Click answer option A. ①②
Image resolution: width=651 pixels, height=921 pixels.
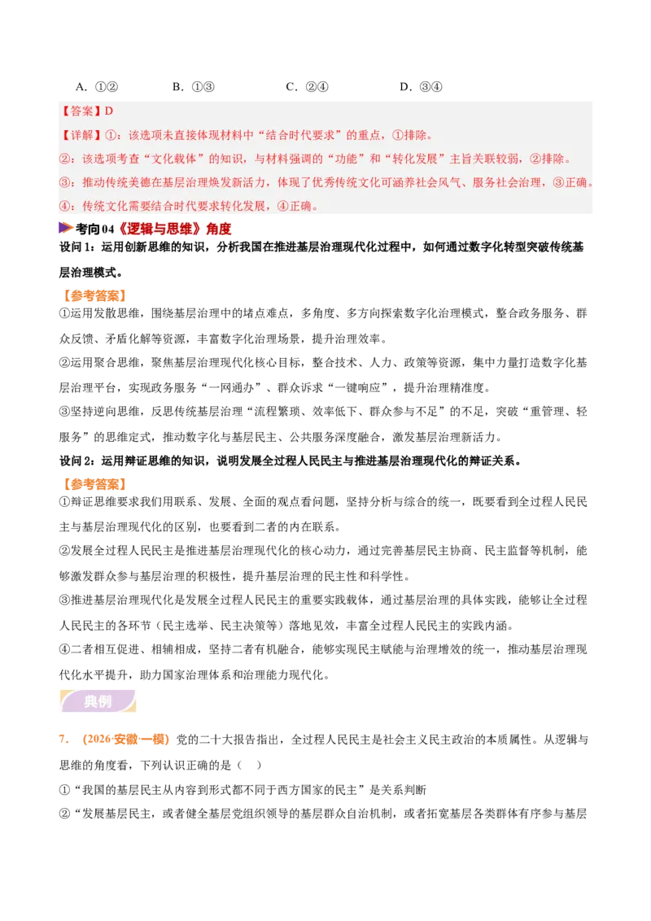tap(97, 87)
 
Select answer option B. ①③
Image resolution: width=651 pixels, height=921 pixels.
tap(194, 87)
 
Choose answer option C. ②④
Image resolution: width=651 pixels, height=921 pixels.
tap(307, 87)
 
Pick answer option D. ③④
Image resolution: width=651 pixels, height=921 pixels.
tap(421, 87)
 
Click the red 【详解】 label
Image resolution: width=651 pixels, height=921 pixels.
tap(81, 135)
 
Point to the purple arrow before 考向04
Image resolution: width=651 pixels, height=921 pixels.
tap(66, 228)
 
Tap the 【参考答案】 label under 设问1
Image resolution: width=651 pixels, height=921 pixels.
tap(94, 295)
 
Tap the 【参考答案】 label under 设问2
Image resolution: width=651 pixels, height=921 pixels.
tap(94, 484)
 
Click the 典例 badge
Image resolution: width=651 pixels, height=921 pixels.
tap(98, 701)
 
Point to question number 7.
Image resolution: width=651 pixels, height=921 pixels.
tap(64, 739)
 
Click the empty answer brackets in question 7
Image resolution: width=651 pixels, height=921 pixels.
tap(250, 765)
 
